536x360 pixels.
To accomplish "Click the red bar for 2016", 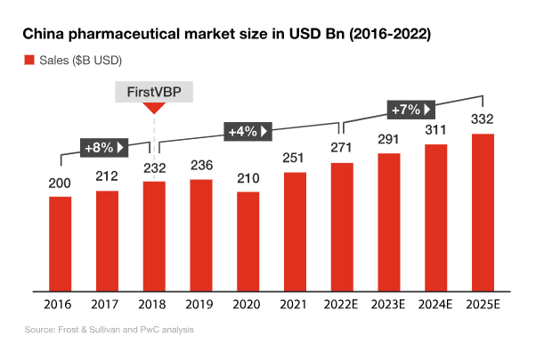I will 61,243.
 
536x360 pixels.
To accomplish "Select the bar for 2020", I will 248,241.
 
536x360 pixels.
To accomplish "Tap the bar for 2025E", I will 483,212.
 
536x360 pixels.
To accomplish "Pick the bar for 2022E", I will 342,226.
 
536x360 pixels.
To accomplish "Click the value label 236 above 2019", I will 201,165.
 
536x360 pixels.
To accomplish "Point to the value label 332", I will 483,119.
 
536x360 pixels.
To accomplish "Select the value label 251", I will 296,158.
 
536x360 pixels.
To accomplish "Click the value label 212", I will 108,176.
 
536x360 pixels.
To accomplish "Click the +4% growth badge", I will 248,131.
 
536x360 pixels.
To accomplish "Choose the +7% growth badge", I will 410,110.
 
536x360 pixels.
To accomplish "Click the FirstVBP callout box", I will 155,91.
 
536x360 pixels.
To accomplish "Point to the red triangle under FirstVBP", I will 155,108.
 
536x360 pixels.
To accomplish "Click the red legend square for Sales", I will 28,61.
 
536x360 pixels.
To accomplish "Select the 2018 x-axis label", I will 154,304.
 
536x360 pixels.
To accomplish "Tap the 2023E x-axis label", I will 389,304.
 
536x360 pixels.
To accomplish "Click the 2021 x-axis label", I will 295,304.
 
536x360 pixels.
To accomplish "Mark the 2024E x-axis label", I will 435,304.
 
